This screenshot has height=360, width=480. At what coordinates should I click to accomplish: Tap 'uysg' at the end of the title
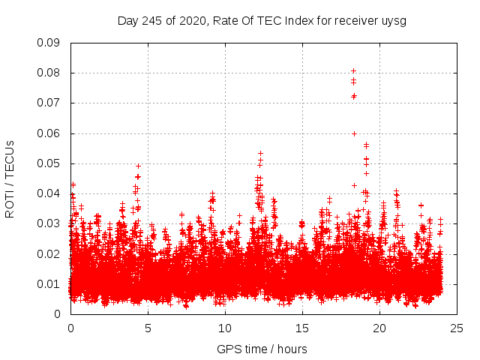pos(394,20)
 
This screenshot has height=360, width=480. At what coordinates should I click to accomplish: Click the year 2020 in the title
pos(193,20)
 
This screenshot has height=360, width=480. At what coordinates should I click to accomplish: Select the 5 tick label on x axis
pos(148,328)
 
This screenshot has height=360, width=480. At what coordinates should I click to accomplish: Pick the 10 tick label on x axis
pos(225,328)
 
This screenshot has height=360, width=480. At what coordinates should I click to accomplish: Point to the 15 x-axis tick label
pos(302,328)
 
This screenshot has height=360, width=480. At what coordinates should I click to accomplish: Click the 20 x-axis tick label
pos(379,328)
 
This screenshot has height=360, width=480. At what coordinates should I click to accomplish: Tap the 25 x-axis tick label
pos(457,328)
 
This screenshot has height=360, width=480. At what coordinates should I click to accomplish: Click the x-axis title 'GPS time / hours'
pos(262,349)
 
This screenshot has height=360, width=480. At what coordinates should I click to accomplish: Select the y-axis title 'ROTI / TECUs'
pos(10,178)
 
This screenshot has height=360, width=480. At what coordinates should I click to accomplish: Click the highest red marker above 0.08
pos(353,71)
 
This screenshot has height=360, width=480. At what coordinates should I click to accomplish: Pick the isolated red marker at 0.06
pos(354,133)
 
